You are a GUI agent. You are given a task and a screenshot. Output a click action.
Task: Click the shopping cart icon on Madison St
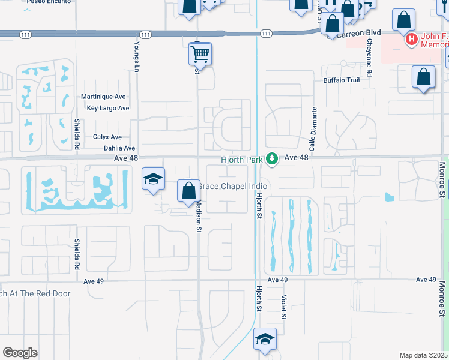point(200,54)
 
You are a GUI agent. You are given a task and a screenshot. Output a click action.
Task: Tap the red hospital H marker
point(412,40)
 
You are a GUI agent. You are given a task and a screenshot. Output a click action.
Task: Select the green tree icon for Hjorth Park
point(273,158)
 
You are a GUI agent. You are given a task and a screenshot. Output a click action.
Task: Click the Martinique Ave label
point(103,97)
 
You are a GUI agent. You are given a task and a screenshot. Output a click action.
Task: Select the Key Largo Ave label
point(108,108)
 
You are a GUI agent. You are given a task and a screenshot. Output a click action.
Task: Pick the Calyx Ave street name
point(107,137)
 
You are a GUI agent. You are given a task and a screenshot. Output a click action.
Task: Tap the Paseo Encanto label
point(49,2)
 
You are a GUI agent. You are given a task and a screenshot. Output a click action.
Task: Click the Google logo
point(20,353)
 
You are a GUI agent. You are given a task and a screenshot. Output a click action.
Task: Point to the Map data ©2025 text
point(423,355)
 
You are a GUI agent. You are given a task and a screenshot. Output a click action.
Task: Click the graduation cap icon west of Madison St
point(153,179)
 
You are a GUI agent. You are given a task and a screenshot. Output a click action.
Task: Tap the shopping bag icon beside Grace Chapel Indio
point(188,191)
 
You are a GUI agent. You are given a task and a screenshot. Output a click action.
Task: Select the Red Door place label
point(35,293)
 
